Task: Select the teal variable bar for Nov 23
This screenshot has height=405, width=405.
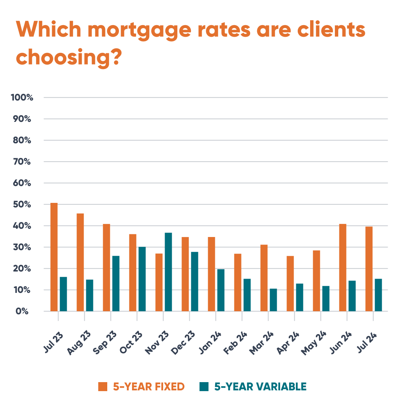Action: [x=168, y=272]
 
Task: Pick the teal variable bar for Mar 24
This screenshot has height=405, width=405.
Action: [x=273, y=300]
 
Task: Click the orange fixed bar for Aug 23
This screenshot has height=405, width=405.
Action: [x=80, y=262]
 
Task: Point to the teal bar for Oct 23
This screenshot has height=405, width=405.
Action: [x=142, y=279]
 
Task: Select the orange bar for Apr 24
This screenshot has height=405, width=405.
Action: [x=290, y=283]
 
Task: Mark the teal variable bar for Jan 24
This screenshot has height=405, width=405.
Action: [x=221, y=290]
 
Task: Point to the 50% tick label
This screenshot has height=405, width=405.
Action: [x=24, y=205]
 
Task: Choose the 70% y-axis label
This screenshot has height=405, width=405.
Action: [x=24, y=162]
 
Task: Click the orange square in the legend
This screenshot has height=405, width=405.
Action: [x=103, y=387]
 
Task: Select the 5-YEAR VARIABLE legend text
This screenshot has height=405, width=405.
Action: [x=260, y=387]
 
